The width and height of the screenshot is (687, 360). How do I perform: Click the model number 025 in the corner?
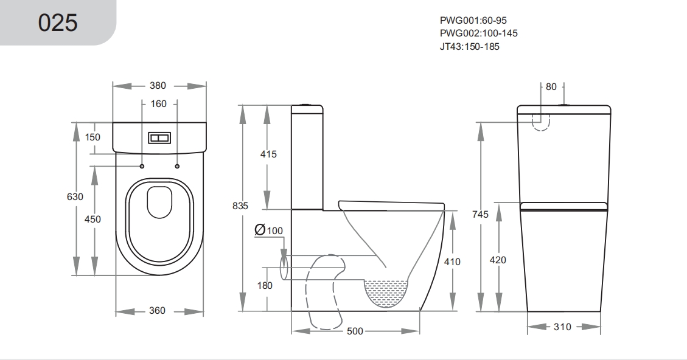pyautogui.click(x=58, y=22)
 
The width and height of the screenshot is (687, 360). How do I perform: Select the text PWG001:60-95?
pyautogui.click(x=473, y=20)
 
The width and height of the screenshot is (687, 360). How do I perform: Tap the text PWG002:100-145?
pyautogui.click(x=478, y=33)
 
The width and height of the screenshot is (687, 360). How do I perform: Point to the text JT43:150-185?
pyautogui.click(x=469, y=46)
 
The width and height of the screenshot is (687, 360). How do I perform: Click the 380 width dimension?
pyautogui.click(x=158, y=85)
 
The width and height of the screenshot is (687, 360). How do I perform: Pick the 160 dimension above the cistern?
pyautogui.click(x=159, y=104)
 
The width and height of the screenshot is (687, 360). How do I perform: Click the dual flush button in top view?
pyautogui.click(x=159, y=138)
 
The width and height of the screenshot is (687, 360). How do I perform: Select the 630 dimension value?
pyautogui.click(x=75, y=196)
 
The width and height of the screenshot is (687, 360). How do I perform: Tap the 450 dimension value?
pyautogui.click(x=92, y=219)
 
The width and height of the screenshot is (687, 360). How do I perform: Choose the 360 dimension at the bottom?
pyautogui.click(x=157, y=311)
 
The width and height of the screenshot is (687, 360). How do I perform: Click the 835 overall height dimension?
pyautogui.click(x=240, y=206)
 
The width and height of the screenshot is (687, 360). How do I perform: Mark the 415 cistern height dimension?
pyautogui.click(x=268, y=154)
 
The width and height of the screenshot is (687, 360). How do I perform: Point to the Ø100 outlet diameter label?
pyautogui.click(x=268, y=230)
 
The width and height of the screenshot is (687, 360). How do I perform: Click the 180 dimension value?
pyautogui.click(x=265, y=286)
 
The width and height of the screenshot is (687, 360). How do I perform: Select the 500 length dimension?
pyautogui.click(x=355, y=331)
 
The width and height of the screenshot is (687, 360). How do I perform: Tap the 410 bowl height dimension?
pyautogui.click(x=452, y=262)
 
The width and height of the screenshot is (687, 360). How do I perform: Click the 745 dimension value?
pyautogui.click(x=480, y=214)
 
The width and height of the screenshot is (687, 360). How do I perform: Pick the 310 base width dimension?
pyautogui.click(x=562, y=327)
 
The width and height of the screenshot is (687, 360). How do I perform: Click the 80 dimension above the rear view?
pyautogui.click(x=551, y=87)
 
